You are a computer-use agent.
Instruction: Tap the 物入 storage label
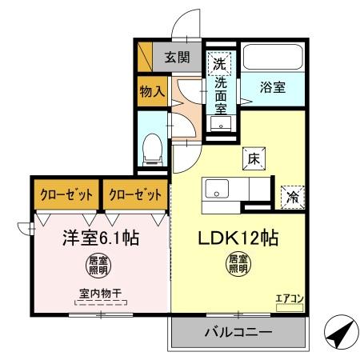tap(151, 92)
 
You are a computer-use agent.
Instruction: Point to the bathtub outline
tap(272, 58)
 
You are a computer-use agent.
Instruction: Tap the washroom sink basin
tap(218, 125)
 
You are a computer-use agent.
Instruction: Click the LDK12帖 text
tap(238, 238)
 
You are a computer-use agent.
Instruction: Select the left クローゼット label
tap(66, 194)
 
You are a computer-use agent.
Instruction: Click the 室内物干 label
tap(100, 294)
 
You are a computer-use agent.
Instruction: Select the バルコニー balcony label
tap(238, 332)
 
